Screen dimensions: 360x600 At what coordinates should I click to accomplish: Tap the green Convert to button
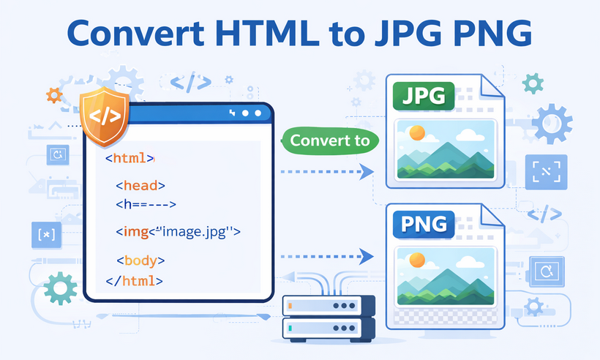tap(330, 140)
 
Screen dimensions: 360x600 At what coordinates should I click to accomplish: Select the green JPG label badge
tap(424, 96)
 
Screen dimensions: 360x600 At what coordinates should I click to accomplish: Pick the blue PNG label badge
tap(424, 222)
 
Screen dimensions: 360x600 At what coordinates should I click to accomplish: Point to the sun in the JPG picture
tap(417, 133)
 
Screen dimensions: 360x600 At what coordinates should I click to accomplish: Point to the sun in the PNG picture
tap(417, 260)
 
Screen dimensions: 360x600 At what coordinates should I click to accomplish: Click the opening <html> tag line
tap(130, 157)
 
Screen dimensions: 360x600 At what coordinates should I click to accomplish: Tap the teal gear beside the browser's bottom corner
tap(60, 288)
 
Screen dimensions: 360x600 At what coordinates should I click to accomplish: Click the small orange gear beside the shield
tap(53, 94)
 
